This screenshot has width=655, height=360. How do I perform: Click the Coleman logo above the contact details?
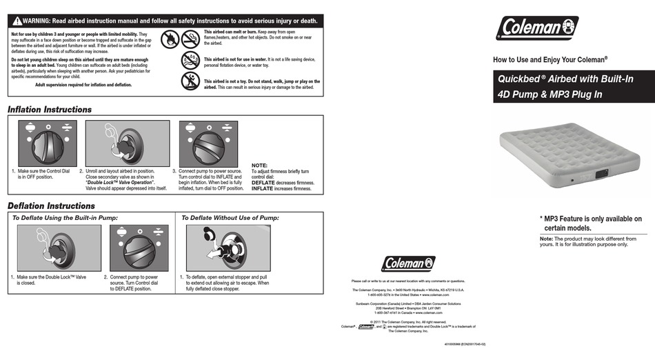click(409, 263)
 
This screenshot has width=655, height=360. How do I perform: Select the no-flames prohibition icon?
click(170, 39)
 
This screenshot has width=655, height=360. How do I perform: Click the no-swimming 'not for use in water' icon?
click(190, 60)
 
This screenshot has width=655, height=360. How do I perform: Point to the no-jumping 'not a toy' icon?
click(190, 81)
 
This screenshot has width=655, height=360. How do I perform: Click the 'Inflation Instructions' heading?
click(49, 110)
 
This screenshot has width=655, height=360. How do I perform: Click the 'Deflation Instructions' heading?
click(51, 206)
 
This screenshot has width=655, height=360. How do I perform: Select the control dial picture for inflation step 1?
click(43, 143)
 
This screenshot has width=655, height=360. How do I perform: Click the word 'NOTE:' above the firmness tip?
click(259, 166)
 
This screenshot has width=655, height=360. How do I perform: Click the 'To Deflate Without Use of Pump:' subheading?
click(229, 218)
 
